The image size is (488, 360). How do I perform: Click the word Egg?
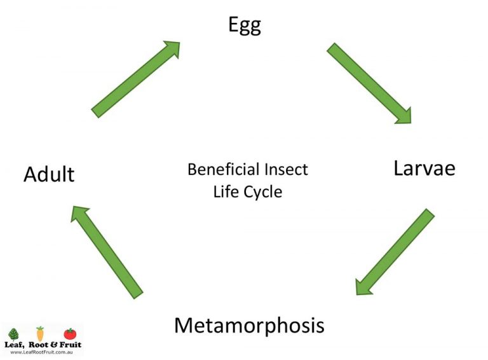pos(245,25)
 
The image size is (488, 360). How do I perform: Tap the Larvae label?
pos(424,169)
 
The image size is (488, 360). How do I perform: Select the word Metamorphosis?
pos(249,325)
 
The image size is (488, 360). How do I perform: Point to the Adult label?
pos(49,174)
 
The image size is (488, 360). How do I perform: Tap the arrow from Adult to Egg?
pos(135,80)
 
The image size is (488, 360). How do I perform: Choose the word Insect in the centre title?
pos(286,170)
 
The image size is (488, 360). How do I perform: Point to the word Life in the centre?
pos(226,191)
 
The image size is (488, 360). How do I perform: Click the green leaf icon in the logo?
pos(14,334)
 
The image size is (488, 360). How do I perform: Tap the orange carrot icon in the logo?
pos(40,333)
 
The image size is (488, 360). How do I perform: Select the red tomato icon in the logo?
pos(69,333)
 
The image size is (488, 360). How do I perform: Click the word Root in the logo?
pos(39,345)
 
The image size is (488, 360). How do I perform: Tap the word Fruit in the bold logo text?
pos(70,345)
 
